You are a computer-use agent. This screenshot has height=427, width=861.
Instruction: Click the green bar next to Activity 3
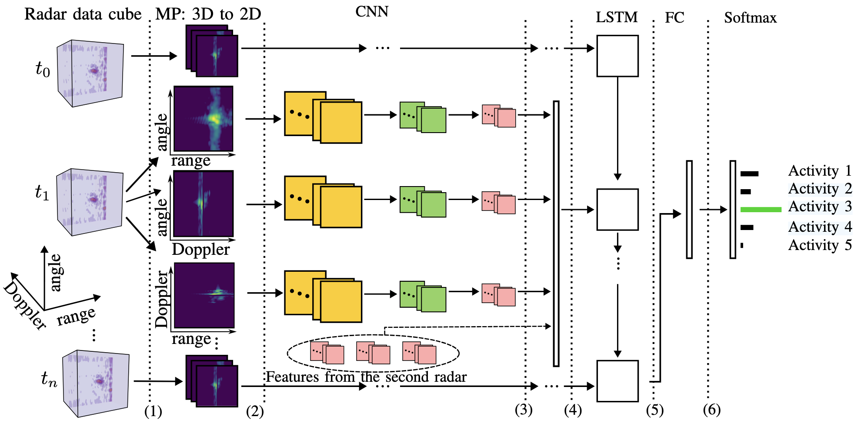(761, 210)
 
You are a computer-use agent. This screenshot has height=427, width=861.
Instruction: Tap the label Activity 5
(820, 245)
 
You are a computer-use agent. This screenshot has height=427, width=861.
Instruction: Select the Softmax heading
(750, 18)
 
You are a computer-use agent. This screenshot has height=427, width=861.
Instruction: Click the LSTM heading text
(617, 17)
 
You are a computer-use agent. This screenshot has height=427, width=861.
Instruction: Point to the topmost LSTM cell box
(617, 56)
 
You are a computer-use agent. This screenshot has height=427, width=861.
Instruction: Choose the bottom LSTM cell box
(617, 381)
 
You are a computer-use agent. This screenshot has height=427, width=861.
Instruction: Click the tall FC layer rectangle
(689, 210)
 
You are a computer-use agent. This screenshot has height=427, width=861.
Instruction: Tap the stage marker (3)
(524, 410)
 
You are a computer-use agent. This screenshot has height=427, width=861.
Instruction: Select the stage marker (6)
(712, 410)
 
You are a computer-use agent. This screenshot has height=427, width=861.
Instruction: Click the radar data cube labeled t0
(90, 73)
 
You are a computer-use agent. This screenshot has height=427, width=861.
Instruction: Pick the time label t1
(42, 192)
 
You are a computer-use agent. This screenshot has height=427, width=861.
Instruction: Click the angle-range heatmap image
(204, 119)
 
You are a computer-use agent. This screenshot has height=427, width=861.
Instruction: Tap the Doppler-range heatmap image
(204, 295)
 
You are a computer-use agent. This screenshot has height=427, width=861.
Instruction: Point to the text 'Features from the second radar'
(366, 377)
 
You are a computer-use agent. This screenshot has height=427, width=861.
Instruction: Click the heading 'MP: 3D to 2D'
(208, 14)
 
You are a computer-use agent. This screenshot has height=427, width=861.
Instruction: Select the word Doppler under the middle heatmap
(200, 250)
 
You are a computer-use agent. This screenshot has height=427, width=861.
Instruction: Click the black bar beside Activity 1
(750, 174)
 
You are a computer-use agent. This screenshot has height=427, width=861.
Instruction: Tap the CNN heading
(372, 11)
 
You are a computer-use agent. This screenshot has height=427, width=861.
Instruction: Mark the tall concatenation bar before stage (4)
(556, 234)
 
